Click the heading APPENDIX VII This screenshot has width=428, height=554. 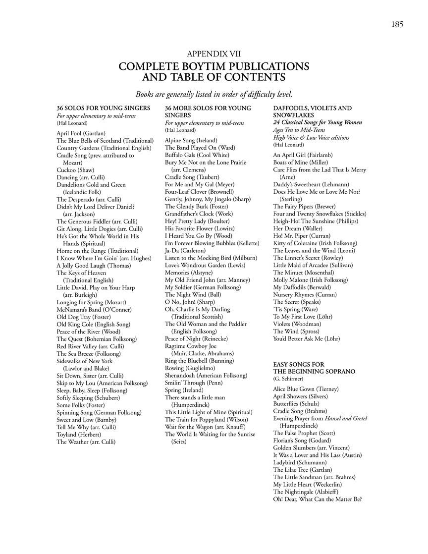pos(214,54)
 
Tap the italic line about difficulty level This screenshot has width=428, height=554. pos(214,94)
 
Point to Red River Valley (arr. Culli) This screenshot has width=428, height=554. pos(90,346)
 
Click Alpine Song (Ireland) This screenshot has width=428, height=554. pos(191,140)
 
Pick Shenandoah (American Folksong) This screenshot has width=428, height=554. pos(206,375)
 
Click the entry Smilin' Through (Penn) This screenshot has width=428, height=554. pos(194,383)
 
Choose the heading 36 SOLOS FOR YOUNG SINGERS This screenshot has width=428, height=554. pos(104,108)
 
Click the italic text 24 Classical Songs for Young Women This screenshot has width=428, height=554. pos(318,122)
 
